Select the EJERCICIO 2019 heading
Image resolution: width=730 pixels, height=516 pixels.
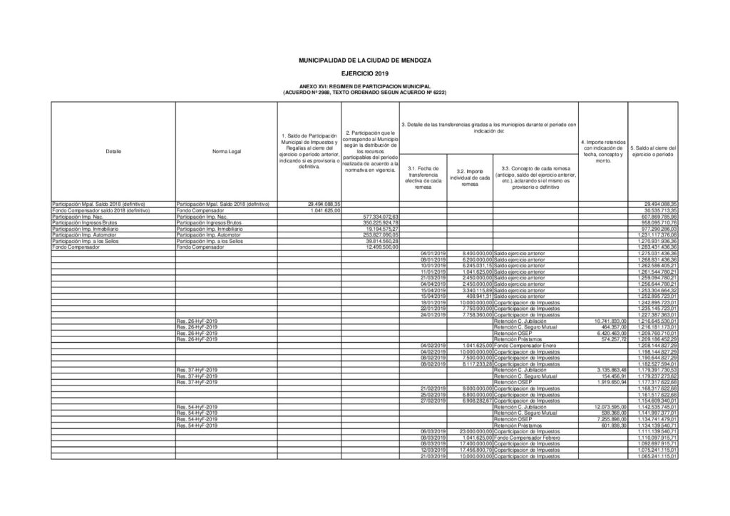click(365, 74)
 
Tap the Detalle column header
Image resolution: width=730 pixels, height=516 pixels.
click(113, 151)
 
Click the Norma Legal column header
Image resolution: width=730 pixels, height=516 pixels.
click(226, 151)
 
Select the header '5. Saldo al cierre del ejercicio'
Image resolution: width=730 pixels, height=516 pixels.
click(652, 151)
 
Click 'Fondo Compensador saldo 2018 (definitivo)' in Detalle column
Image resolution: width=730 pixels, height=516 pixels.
click(101, 212)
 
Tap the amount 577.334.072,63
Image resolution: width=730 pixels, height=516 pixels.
click(384, 217)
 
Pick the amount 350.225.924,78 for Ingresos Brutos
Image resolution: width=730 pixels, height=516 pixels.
click(384, 222)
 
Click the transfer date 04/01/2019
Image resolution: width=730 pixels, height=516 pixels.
click(433, 253)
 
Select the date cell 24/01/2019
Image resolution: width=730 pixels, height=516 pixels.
click(433, 314)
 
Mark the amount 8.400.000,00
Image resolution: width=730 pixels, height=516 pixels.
click(473, 253)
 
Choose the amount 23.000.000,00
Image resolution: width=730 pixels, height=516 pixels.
click(472, 430)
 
